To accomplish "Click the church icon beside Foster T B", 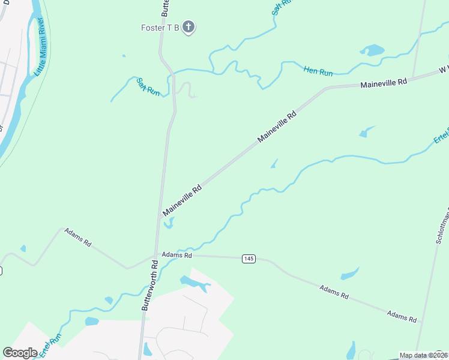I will (188, 27).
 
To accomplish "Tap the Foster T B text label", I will (160, 28).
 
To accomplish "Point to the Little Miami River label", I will (40, 46).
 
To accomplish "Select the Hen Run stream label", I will (318, 72).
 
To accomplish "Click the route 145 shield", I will (249, 259).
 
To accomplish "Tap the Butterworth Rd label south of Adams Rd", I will (149, 285).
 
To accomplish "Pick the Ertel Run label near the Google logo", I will (51, 346).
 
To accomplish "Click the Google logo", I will (20, 353).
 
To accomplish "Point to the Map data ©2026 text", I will (424, 355).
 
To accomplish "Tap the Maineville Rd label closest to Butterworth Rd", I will (182, 200).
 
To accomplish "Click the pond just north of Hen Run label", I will (372, 50).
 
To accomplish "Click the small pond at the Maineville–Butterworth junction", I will (169, 224).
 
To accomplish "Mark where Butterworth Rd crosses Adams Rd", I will (155, 256).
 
